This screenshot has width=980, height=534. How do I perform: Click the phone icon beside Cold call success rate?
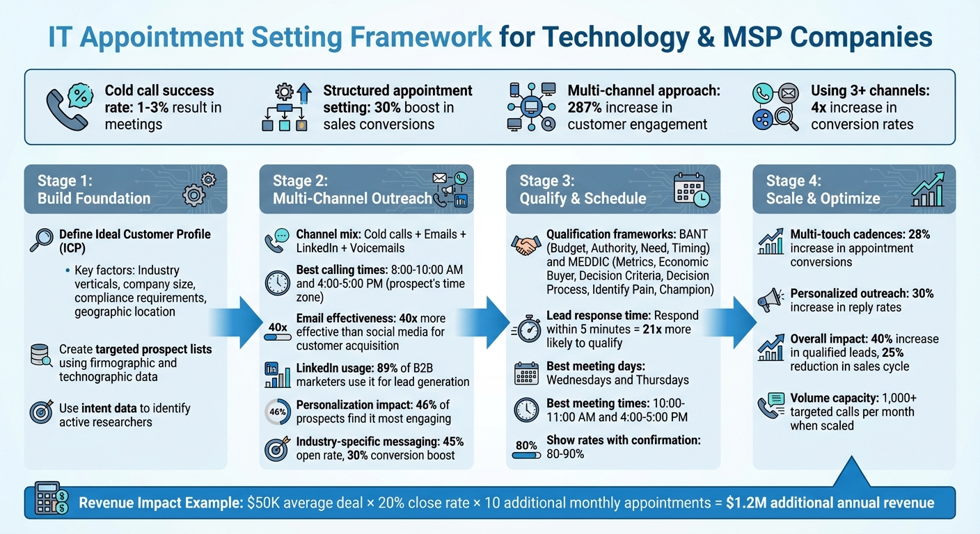pyautogui.click(x=68, y=107)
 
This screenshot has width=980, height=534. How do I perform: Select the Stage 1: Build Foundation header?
pyautogui.click(x=94, y=189)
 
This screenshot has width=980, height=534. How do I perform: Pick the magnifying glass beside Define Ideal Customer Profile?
pyautogui.click(x=42, y=240)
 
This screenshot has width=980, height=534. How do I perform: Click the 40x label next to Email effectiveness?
pyautogui.click(x=278, y=327)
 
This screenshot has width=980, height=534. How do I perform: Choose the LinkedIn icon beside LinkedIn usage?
pyautogui.click(x=278, y=374)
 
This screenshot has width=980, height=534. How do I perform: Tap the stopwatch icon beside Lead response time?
pyautogui.click(x=526, y=329)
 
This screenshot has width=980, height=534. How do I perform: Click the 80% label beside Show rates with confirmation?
pyautogui.click(x=526, y=446)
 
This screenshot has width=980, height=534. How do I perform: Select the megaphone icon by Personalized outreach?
pyautogui.click(x=771, y=300)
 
